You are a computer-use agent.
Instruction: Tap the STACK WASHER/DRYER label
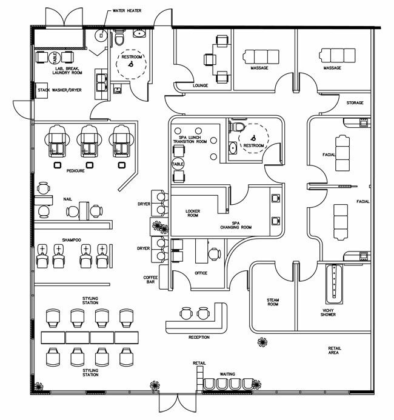(59, 90)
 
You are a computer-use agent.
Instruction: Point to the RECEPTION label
(199, 337)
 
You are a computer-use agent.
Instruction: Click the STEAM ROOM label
(273, 302)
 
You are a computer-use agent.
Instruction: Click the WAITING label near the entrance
(227, 374)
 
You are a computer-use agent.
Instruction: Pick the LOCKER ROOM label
(192, 213)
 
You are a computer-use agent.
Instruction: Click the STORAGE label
(355, 103)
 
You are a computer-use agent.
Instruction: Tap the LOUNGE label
(200, 85)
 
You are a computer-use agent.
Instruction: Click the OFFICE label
(201, 273)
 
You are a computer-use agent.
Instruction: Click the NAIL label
(67, 198)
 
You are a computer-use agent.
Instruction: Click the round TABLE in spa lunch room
(178, 164)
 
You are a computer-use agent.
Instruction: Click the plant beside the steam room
(262, 342)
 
